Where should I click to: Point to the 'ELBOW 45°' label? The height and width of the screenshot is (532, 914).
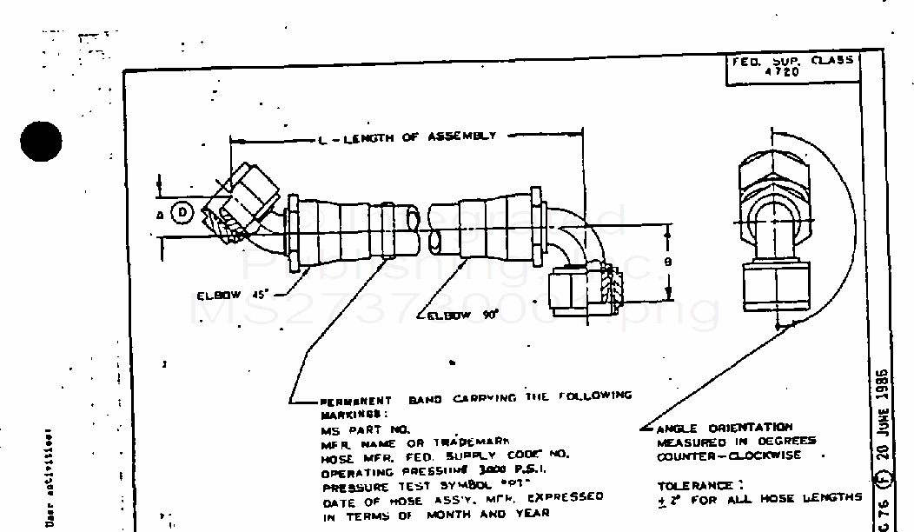pyautogui.click(x=228, y=295)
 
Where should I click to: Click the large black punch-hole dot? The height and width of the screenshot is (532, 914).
pyautogui.click(x=40, y=140)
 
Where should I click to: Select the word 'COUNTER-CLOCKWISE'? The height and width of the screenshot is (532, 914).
pyautogui.click(x=729, y=456)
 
